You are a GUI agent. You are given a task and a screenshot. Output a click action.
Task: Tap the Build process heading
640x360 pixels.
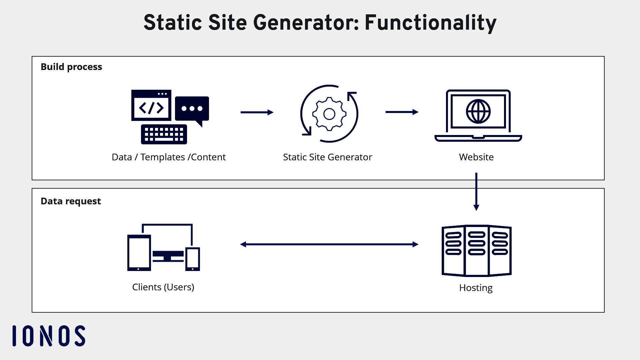point(71,67)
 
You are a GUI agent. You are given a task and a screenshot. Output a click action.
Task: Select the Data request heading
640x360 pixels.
point(71,201)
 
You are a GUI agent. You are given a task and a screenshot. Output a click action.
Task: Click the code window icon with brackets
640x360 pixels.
point(151,106)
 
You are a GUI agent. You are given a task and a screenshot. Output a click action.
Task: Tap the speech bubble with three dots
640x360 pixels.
point(192,109)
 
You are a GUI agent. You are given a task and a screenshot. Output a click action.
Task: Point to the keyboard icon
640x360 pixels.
point(164,134)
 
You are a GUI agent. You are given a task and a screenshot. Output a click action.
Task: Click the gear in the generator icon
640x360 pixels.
point(329,114)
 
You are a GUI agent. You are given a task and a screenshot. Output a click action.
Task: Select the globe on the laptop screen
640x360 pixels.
point(478,112)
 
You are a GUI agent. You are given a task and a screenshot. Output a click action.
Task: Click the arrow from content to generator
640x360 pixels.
point(257,112)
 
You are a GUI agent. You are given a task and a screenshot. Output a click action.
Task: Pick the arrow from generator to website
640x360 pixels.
point(402,112)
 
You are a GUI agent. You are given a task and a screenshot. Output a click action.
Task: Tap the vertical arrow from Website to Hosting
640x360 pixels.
point(476,192)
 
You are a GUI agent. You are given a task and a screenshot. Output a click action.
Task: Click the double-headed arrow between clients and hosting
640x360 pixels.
point(329,244)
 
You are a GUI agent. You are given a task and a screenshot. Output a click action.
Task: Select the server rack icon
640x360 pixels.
point(476,251)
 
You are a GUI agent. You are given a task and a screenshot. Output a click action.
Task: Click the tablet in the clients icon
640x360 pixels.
point(139,253)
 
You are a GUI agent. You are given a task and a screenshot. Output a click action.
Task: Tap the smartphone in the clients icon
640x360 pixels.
point(193,259)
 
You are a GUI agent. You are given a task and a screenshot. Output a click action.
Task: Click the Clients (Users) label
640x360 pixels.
point(163,287)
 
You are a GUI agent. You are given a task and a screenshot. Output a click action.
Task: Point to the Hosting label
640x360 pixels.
point(476,288)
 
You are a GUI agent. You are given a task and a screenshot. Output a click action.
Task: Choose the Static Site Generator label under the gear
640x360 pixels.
point(327,157)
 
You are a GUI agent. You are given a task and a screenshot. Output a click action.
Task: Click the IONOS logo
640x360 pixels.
point(49,336)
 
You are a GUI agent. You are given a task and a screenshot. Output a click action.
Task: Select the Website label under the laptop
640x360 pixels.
point(476,157)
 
